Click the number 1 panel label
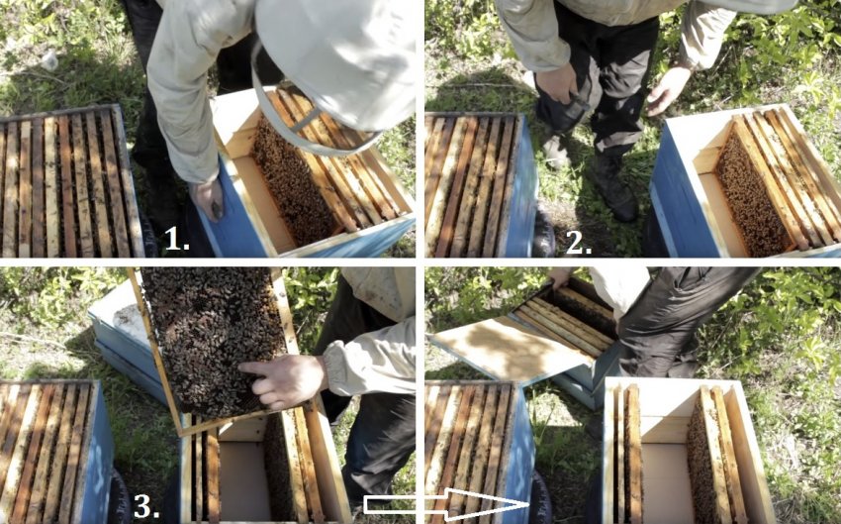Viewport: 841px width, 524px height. pyautogui.click(x=177, y=240)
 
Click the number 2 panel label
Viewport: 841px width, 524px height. pyautogui.click(x=579, y=244)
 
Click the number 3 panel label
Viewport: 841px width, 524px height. pyautogui.click(x=145, y=506)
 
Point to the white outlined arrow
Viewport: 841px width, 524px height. pyautogui.click(x=446, y=504)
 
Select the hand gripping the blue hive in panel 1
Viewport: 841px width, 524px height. pyautogui.click(x=208, y=198)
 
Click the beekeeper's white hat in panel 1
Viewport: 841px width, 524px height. pyautogui.click(x=336, y=59)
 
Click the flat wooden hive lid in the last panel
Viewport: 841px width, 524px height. pyautogui.click(x=511, y=349)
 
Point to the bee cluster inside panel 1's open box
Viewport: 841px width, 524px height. pyautogui.click(x=293, y=182)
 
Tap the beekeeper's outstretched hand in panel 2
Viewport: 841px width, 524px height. pyautogui.click(x=668, y=89)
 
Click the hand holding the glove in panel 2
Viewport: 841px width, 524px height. pyautogui.click(x=559, y=85)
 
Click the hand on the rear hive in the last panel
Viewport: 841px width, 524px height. pyautogui.click(x=559, y=277)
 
